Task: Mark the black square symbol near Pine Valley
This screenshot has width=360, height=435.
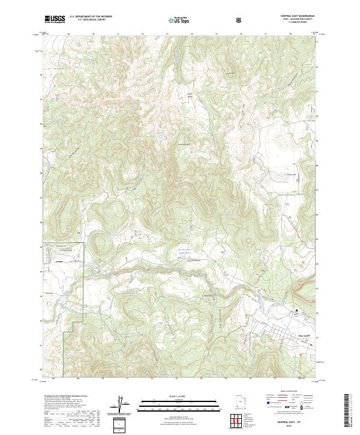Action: pos(297,310)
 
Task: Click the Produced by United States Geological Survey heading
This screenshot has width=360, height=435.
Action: pos(66,397)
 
